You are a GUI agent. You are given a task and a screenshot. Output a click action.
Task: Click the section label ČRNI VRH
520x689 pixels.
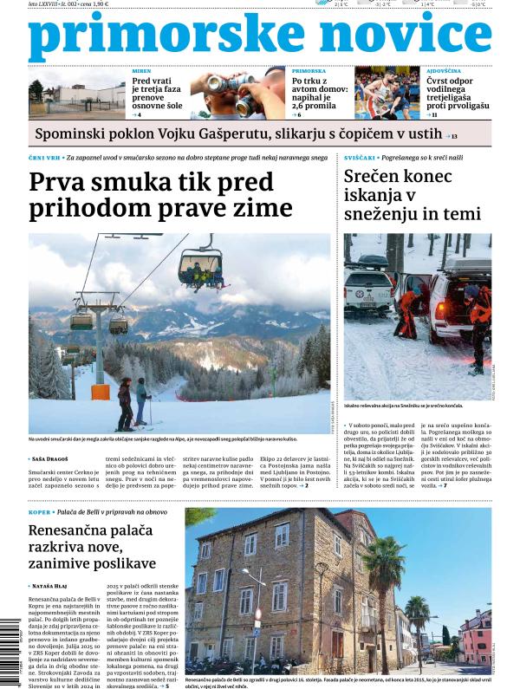pos(44,158)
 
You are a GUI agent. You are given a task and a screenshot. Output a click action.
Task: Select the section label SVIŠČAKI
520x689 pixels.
pos(361,158)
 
